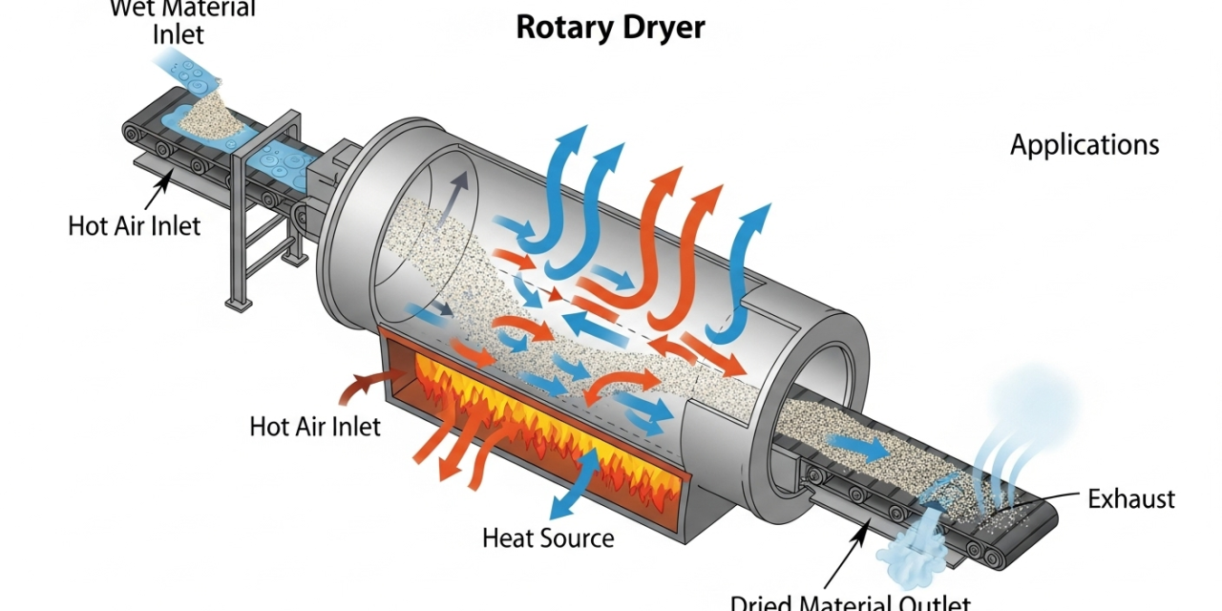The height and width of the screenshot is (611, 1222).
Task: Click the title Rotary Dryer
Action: click(x=610, y=27)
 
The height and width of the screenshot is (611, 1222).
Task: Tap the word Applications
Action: click(x=1085, y=145)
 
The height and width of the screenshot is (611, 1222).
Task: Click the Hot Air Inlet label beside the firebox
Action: click(x=315, y=426)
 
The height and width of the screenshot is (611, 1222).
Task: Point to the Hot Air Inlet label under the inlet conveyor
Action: click(x=135, y=226)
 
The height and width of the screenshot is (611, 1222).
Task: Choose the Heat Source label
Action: click(x=548, y=537)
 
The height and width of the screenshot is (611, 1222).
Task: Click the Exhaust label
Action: click(x=1131, y=498)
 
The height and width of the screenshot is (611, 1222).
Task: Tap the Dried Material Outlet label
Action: click(x=850, y=601)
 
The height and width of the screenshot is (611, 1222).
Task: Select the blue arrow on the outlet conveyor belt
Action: click(x=855, y=445)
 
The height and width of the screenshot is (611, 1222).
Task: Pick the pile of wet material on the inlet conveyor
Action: click(x=205, y=115)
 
